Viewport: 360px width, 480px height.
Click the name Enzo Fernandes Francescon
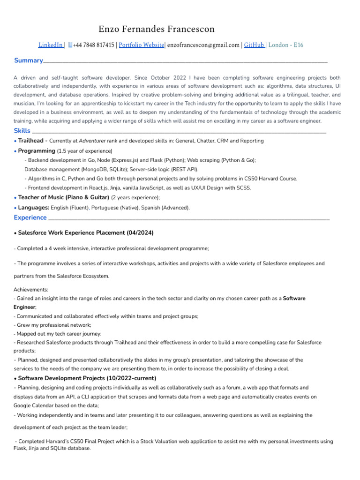157,30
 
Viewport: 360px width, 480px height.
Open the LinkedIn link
50,45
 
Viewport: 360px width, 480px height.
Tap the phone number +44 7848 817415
94,45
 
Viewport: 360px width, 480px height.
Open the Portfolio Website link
141,45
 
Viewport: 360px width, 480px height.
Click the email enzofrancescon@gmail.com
203,45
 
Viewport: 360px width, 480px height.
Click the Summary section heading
28,60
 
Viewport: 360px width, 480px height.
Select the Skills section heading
22,131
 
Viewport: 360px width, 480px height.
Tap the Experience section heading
30,217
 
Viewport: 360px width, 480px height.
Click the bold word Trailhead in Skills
31,141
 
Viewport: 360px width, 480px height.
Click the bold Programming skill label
37,151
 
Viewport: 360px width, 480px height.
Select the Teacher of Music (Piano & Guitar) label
63,197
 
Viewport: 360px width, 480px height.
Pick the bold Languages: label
34,207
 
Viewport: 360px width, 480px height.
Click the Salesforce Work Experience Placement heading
85,233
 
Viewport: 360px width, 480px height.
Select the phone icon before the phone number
70,45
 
